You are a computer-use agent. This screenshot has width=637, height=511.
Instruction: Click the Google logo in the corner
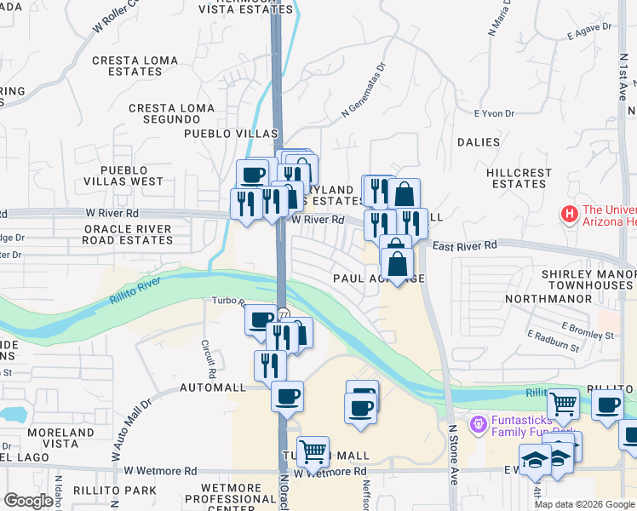(x=28, y=501)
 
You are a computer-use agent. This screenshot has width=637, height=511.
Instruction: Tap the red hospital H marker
(x=569, y=213)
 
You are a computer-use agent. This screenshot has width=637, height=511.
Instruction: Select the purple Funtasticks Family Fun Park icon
(x=479, y=422)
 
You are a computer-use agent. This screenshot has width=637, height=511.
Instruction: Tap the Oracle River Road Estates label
(x=127, y=234)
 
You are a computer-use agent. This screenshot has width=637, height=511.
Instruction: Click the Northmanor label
(x=548, y=299)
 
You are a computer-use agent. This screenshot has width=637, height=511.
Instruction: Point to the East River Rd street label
(x=464, y=246)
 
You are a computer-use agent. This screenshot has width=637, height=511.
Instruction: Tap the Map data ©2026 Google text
(x=583, y=504)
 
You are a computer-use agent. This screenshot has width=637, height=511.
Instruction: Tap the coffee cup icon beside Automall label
(x=288, y=395)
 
